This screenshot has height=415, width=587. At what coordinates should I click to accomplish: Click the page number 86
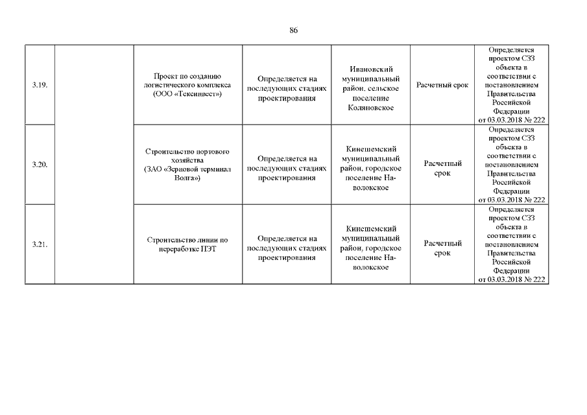[294, 30]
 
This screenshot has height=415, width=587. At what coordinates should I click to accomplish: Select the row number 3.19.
[40, 85]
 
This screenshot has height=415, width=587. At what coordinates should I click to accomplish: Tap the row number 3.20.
[40, 165]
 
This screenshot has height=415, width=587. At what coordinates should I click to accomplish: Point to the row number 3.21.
[40, 244]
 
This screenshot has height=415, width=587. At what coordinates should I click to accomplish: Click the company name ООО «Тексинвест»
[188, 94]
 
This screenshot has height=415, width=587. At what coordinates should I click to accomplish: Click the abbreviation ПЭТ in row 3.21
[206, 249]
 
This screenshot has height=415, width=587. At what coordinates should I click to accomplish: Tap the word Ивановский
[371, 69]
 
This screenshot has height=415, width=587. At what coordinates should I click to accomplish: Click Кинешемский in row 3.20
[371, 148]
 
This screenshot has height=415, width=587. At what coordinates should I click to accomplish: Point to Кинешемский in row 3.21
[371, 229]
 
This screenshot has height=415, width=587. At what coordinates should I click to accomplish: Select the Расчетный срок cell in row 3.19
[442, 85]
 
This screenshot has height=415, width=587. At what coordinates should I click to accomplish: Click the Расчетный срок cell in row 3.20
[442, 169]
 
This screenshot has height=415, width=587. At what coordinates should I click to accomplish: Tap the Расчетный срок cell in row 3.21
[442, 248]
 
